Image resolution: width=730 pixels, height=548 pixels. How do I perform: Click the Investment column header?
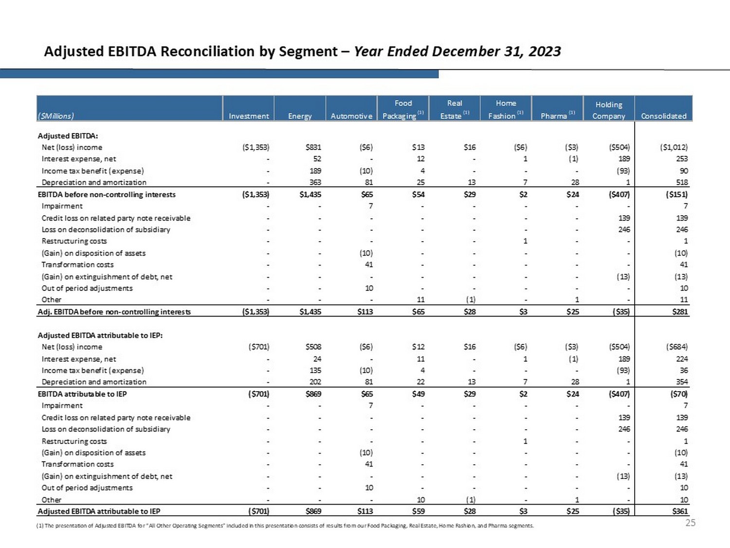[249, 116]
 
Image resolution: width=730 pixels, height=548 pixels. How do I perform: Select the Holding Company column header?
[608, 110]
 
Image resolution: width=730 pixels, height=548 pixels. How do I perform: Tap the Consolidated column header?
[663, 116]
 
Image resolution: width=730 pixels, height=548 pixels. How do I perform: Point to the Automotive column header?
[351, 116]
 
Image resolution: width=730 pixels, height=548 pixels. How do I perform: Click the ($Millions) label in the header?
[56, 116]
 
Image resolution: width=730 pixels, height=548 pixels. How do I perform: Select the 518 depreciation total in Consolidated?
[682, 182]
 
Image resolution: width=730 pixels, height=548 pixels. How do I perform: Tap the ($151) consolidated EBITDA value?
[676, 194]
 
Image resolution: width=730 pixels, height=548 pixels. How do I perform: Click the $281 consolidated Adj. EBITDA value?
[680, 312]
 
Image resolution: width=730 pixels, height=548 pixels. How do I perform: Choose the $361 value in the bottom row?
[680, 511]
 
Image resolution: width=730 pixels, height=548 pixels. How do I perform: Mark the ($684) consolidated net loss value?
[676, 347]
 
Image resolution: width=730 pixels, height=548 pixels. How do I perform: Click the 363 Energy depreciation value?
[314, 182]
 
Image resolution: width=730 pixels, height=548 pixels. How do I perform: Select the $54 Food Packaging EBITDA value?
[418, 194]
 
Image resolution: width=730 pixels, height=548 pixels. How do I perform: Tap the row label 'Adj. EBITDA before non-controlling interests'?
[114, 312]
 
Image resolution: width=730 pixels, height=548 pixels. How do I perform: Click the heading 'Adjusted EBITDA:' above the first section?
[68, 136]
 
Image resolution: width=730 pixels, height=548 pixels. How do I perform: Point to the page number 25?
[690, 523]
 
